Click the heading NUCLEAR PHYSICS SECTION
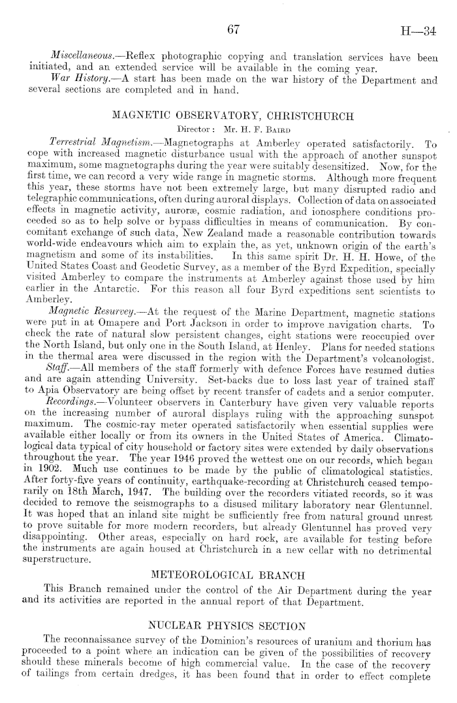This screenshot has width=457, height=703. pos(228,626)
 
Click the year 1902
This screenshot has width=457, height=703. pos(55,463)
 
